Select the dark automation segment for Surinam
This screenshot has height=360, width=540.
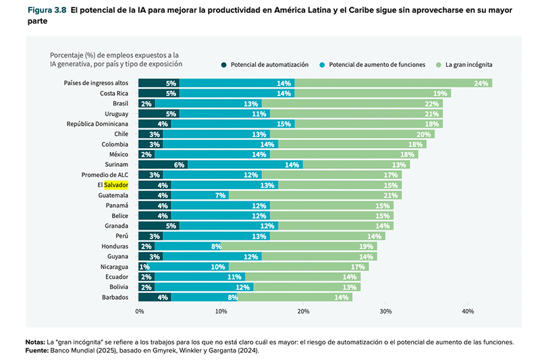pyautogui.click(x=163, y=164)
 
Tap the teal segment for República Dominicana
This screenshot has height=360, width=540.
pyautogui.click(x=232, y=124)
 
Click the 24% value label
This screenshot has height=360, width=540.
pyautogui.click(x=481, y=83)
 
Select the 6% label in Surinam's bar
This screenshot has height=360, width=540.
pyautogui.click(x=180, y=164)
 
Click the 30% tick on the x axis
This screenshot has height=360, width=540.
pyautogui.click(x=385, y=311)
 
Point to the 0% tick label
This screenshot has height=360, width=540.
pyautogui.click(x=140, y=311)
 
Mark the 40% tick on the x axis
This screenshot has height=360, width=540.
pyautogui.click(x=468, y=311)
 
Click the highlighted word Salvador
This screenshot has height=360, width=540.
pyautogui.click(x=116, y=184)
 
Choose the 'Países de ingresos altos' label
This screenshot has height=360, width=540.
pyautogui.click(x=96, y=83)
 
